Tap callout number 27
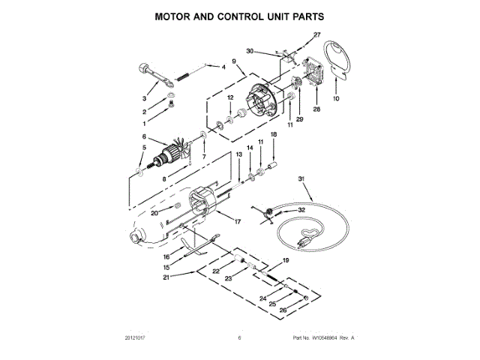[x=316, y=35]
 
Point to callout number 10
[x=336, y=99]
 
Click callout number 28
[x=316, y=109]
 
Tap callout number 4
[x=223, y=67]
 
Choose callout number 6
[x=144, y=136]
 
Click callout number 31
[x=301, y=178]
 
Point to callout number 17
[x=237, y=222]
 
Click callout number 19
[x=285, y=259]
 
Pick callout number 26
[x=283, y=311]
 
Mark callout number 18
[x=273, y=133]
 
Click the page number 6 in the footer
[x=239, y=338]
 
